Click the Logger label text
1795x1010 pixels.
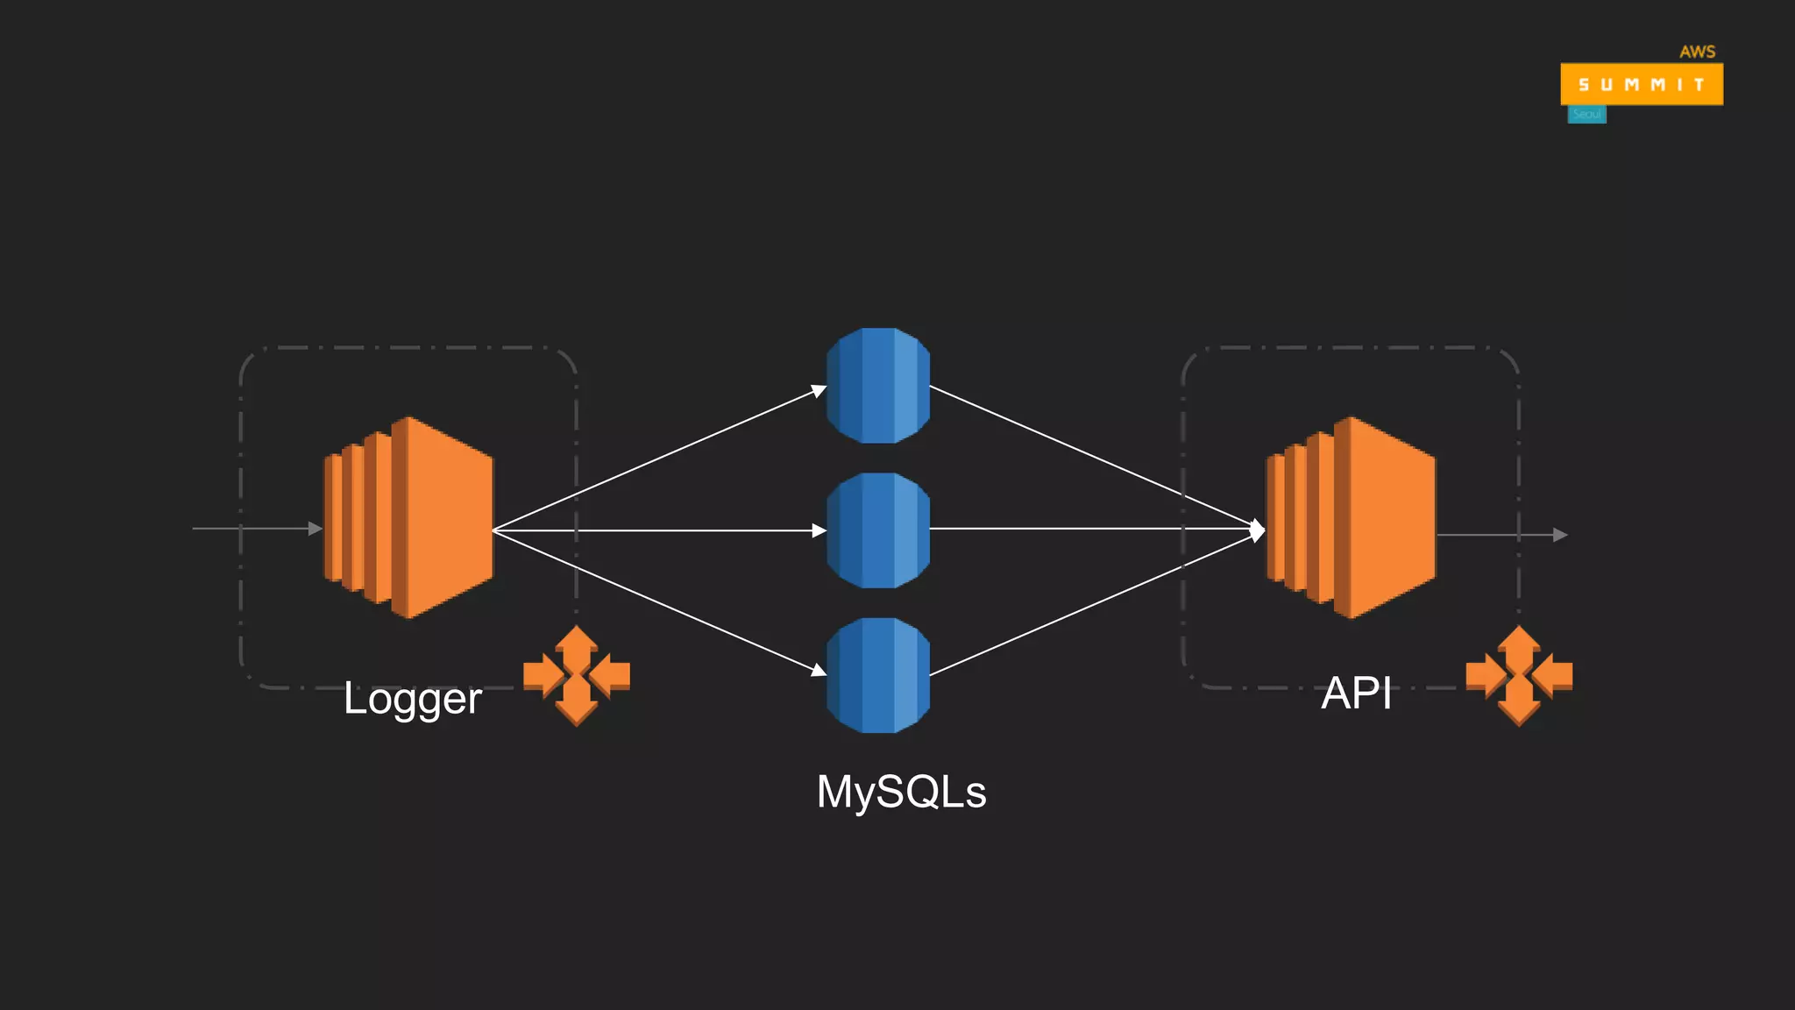click(x=412, y=699)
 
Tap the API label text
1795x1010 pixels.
click(x=1355, y=693)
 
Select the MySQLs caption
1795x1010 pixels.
click(x=901, y=792)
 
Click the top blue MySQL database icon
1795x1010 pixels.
click(x=877, y=386)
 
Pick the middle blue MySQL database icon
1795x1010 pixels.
click(x=877, y=530)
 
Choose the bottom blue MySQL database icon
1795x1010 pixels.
click(x=877, y=675)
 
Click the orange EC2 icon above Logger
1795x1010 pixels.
click(x=409, y=517)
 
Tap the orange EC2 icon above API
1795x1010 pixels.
click(x=1352, y=517)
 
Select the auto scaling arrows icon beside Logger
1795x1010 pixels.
click(x=576, y=675)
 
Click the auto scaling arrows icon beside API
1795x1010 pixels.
click(x=1519, y=675)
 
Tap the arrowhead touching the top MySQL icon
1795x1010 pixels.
click(x=819, y=390)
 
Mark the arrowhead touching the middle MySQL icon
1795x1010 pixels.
click(x=819, y=530)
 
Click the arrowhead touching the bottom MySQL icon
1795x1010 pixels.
click(x=819, y=671)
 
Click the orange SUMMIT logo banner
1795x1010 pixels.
click(x=1641, y=84)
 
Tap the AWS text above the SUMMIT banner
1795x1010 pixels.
click(x=1697, y=52)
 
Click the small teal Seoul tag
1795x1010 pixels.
click(x=1586, y=115)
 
